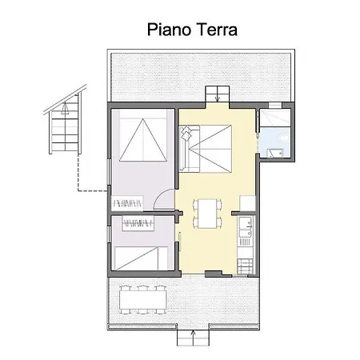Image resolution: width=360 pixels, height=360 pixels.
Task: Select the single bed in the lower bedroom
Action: tap(141, 258)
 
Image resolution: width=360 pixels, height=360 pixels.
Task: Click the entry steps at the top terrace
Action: tap(216, 94)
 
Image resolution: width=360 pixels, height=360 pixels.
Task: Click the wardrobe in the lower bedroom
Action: tap(140, 222)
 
